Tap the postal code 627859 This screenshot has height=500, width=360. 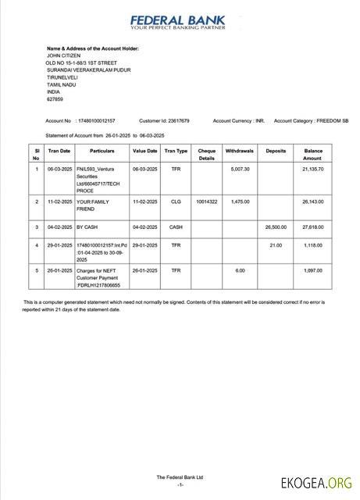click(x=55, y=99)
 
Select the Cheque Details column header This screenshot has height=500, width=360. click(x=206, y=154)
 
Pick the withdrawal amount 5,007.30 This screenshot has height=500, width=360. click(x=240, y=169)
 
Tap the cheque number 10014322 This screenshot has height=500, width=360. click(x=206, y=201)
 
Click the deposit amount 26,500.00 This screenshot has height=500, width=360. click(x=276, y=227)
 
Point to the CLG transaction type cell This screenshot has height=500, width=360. click(x=176, y=201)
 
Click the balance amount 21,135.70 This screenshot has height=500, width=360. click(x=313, y=169)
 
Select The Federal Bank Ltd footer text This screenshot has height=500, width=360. click(x=180, y=477)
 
